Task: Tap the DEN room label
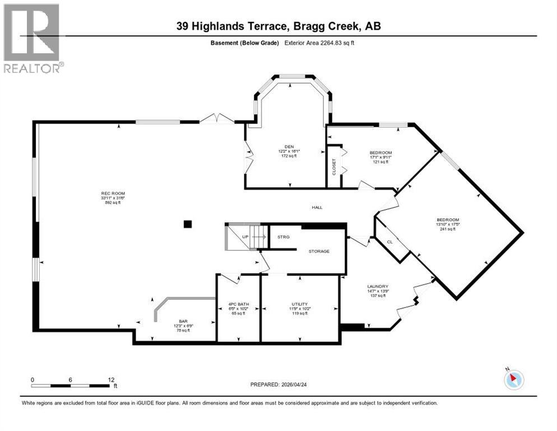(290, 146)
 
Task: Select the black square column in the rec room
(188, 224)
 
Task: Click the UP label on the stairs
(245, 237)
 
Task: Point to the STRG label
(283, 237)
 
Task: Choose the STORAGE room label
(319, 251)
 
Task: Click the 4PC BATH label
(238, 304)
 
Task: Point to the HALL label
(317, 207)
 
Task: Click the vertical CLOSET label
(335, 167)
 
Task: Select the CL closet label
(390, 241)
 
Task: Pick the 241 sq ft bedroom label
(448, 219)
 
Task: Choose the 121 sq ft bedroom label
(380, 153)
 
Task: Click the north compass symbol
(513, 379)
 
